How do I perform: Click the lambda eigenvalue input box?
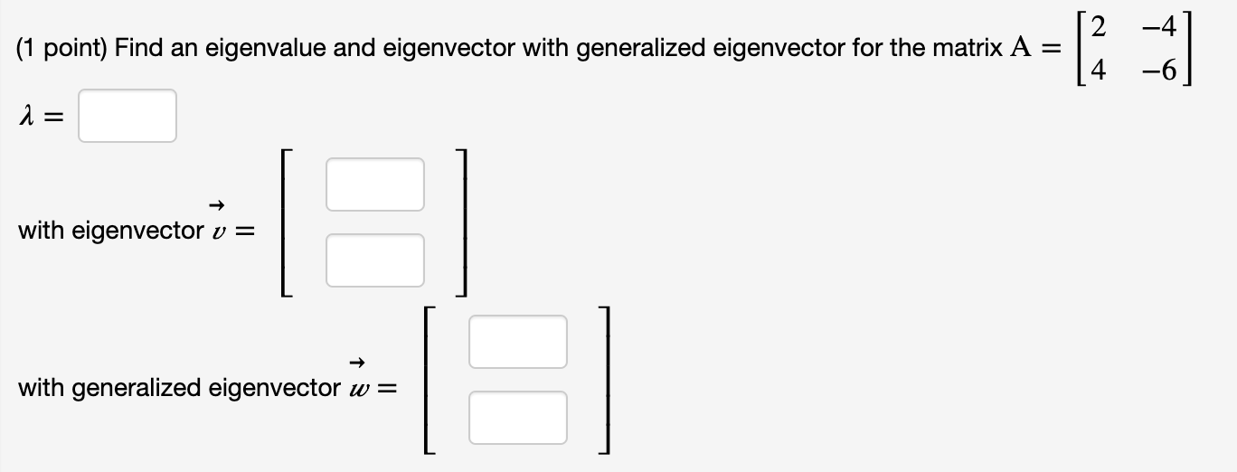(x=127, y=116)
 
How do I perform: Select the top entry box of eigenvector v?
(x=374, y=184)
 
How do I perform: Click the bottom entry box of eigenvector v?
(x=374, y=260)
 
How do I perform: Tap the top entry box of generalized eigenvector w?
(x=517, y=341)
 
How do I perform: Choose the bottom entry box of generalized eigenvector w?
(x=517, y=417)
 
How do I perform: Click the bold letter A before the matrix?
(x=1018, y=48)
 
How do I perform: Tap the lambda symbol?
(x=25, y=116)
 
